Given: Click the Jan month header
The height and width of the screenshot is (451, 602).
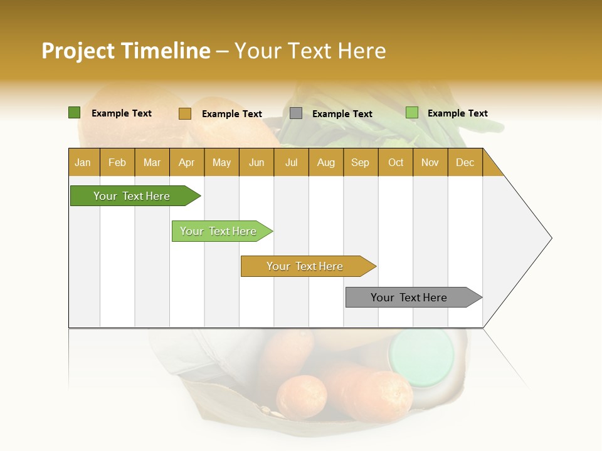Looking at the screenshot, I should (x=83, y=162).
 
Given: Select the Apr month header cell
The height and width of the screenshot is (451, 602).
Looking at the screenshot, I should (x=187, y=162).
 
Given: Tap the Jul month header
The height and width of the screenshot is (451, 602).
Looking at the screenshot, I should (x=291, y=162).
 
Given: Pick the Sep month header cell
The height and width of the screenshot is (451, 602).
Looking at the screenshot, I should (x=361, y=162).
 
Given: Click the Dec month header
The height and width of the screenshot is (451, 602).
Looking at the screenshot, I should (x=465, y=162).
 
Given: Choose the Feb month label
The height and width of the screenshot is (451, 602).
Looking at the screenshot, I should (x=117, y=162).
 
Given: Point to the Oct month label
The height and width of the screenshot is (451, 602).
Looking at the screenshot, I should (x=396, y=162).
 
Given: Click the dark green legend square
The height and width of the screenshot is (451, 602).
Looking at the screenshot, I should (x=74, y=113).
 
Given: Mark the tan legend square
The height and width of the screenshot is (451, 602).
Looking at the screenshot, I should (x=184, y=113).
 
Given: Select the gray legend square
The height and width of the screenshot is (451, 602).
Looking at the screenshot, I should (x=296, y=113).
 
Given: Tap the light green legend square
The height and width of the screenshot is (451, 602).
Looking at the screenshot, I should (x=411, y=113).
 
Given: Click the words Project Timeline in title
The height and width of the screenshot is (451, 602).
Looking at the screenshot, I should (x=125, y=51).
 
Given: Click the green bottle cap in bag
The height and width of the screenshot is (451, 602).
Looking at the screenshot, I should (x=421, y=352).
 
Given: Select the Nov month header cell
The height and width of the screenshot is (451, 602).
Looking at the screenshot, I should (x=430, y=162).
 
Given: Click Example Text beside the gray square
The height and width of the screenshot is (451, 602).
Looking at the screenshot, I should (x=342, y=114).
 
